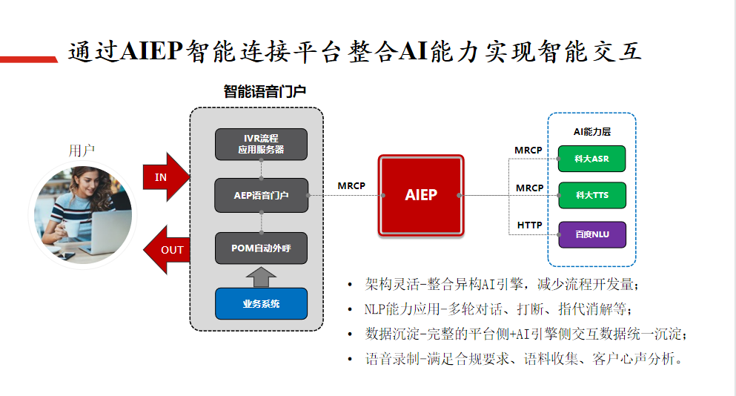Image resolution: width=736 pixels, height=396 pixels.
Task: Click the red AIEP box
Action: pos(421,196)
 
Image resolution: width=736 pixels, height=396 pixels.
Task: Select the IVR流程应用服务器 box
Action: pos(261,144)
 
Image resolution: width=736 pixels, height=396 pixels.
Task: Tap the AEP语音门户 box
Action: pos(261,196)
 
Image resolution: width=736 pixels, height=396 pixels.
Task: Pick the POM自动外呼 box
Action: pos(261,248)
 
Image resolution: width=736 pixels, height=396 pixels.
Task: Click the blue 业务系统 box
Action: pos(261,303)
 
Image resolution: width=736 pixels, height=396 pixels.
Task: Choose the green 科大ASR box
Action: pos(591,159)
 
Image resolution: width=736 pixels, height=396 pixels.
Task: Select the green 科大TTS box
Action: pos(591,195)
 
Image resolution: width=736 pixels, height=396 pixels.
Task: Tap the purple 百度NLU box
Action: pos(591,234)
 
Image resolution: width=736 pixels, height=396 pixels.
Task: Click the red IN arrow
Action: pos(165,177)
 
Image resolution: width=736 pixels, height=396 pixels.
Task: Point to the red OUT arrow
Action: pos(166,249)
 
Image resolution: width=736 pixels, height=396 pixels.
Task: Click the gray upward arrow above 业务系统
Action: pos(261,277)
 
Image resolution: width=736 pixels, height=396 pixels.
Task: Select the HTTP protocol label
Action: pos(529,225)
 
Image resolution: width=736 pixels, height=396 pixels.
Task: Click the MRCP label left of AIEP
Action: pos(351,185)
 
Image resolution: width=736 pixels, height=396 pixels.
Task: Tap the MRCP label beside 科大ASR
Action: pos(528,151)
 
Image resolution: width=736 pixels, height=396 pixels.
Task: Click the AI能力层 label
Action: pos(591,131)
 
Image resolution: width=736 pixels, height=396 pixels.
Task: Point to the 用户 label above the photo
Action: pos(82,151)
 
